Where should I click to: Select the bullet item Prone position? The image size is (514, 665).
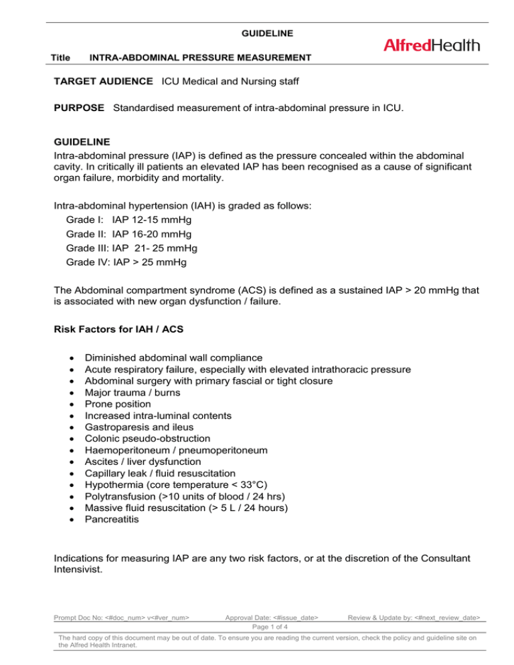pos(118,404)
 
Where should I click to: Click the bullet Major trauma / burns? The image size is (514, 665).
pos(130,393)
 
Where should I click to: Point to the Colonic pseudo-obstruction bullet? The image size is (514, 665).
pos(147,439)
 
